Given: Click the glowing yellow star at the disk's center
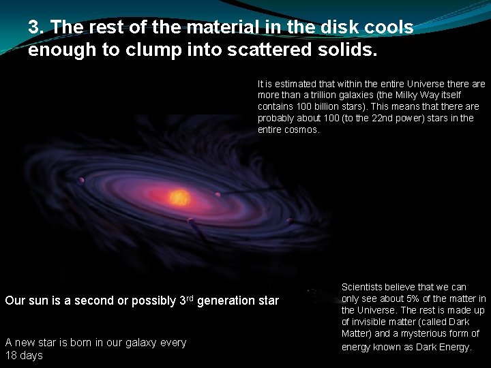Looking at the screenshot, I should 179,198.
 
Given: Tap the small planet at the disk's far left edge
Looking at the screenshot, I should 82,181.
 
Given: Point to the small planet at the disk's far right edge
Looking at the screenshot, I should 289,221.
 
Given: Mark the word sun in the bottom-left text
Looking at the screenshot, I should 37,301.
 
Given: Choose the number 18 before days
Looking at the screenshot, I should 11,356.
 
